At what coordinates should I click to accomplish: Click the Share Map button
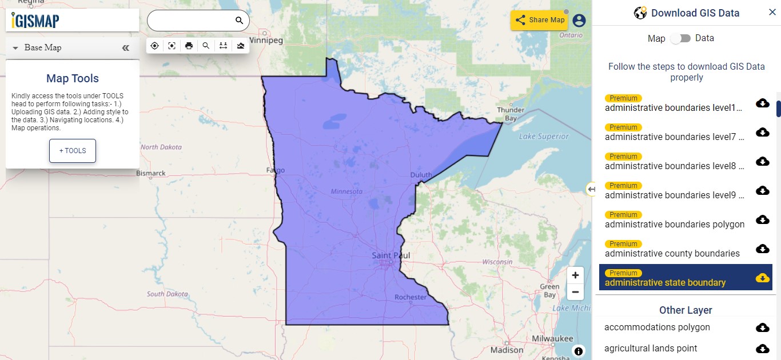pyautogui.click(x=538, y=20)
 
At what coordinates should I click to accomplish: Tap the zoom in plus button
pyautogui.click(x=575, y=274)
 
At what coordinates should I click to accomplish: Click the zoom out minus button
pyautogui.click(x=575, y=292)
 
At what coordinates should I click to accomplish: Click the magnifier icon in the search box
pyautogui.click(x=239, y=21)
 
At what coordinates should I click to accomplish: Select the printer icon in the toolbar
pyautogui.click(x=189, y=46)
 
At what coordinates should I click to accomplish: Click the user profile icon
pyautogui.click(x=579, y=21)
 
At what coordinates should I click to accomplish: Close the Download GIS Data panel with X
pyautogui.click(x=772, y=13)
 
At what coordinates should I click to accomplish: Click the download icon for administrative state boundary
pyautogui.click(x=762, y=278)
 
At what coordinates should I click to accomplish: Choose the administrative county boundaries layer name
pyautogui.click(x=672, y=253)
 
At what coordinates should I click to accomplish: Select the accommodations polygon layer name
pyautogui.click(x=657, y=327)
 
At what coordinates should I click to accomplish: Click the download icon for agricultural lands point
pyautogui.click(x=762, y=349)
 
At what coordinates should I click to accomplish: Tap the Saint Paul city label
pyautogui.click(x=390, y=255)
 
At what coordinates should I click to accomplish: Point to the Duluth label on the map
pyautogui.click(x=421, y=175)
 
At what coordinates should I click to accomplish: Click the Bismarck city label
pyautogui.click(x=150, y=173)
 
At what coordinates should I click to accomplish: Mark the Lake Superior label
pyautogui.click(x=544, y=137)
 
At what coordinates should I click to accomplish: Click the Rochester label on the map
pyautogui.click(x=410, y=297)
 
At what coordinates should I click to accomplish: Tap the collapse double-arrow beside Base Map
pyautogui.click(x=126, y=48)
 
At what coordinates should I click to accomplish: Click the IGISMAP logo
pyautogui.click(x=35, y=21)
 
